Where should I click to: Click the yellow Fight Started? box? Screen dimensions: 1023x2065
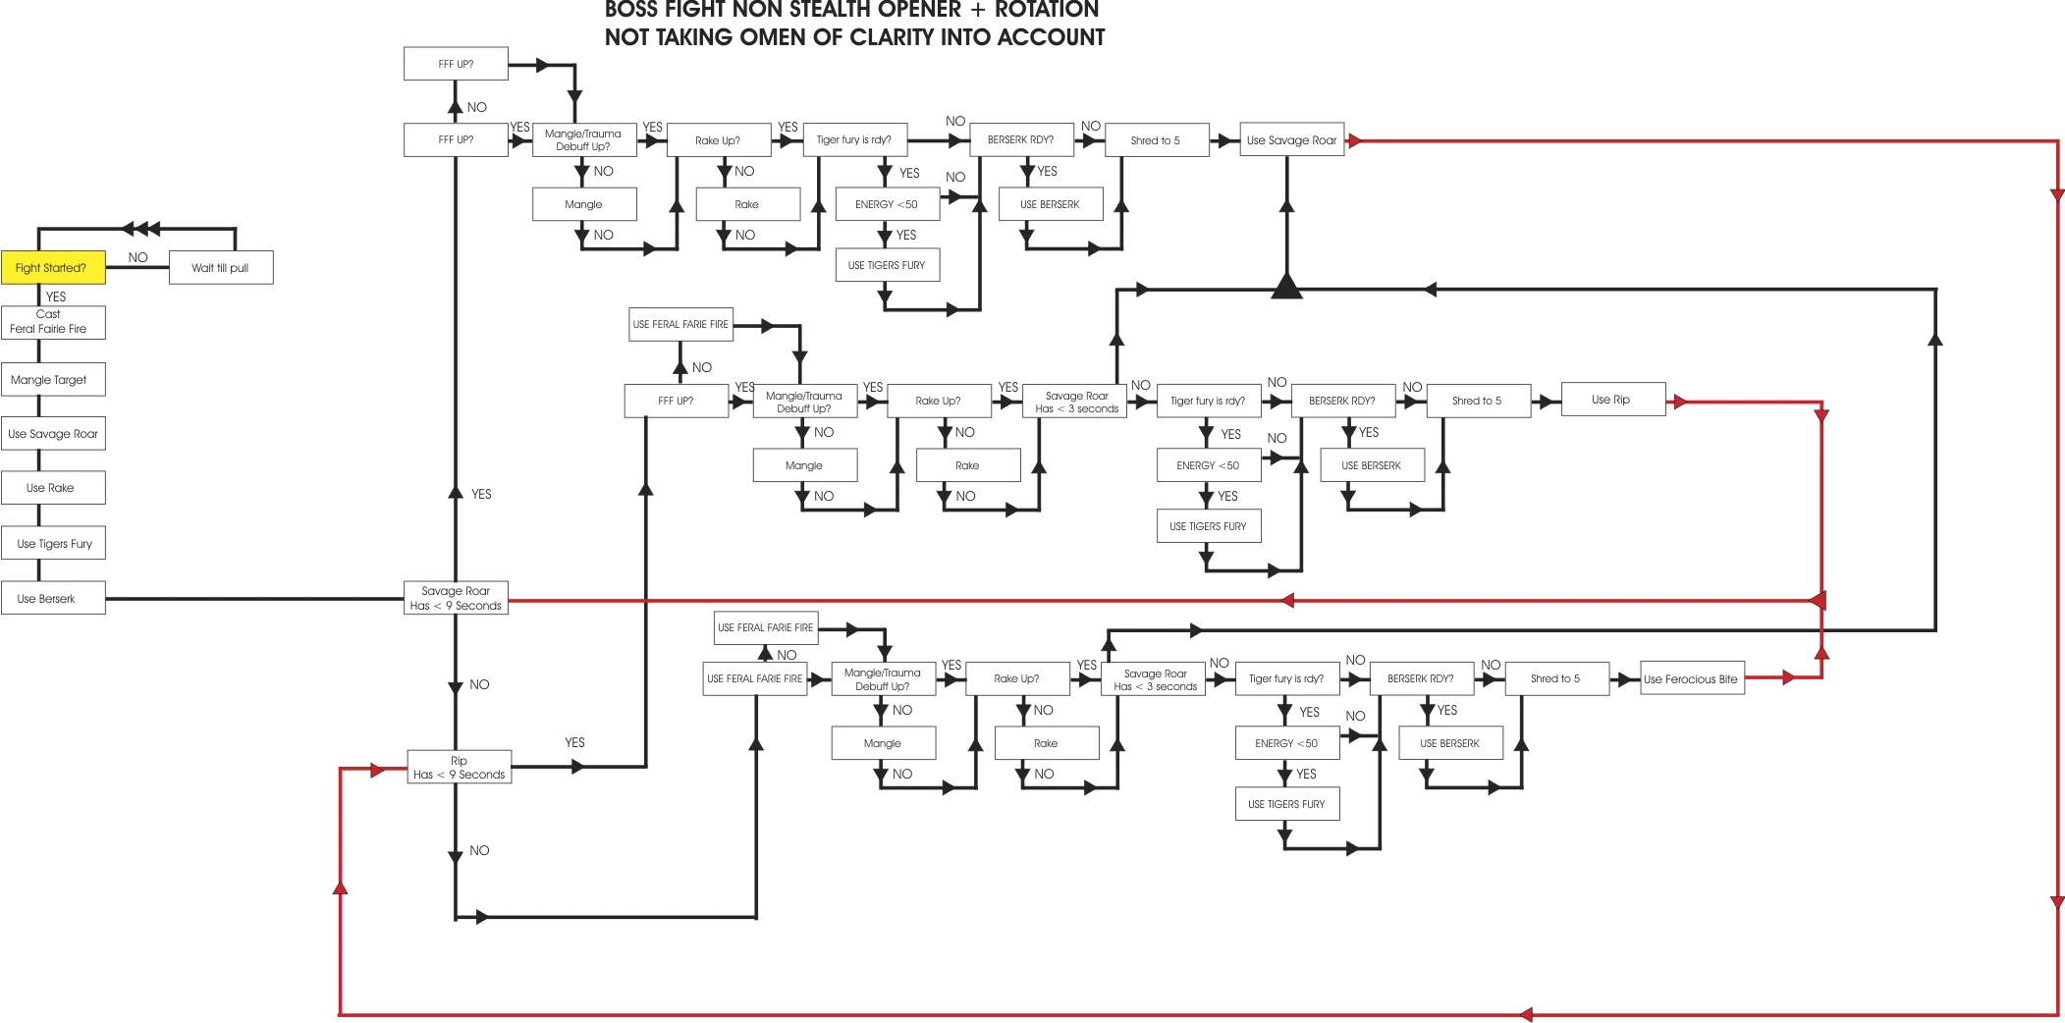(53, 267)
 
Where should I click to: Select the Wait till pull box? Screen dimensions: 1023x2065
(220, 267)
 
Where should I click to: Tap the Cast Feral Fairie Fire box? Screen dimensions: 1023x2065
(53, 322)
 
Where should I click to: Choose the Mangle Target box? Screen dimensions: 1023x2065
(53, 380)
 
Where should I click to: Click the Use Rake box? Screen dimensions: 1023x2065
(53, 488)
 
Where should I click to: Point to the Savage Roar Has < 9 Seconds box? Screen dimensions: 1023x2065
(456, 598)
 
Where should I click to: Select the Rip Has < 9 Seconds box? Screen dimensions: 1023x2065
(459, 768)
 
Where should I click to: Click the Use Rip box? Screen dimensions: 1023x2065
(1612, 400)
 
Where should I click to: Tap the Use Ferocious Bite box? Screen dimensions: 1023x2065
(1692, 678)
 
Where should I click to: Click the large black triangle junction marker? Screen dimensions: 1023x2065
(1286, 287)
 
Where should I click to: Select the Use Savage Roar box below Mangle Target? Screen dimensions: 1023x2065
(53, 434)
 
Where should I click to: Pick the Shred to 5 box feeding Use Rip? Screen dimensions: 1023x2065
(1478, 401)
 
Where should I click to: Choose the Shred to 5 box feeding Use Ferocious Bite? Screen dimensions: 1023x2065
(1556, 678)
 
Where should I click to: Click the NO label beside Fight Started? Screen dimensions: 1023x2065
(137, 257)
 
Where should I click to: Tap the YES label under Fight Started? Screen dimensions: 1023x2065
(56, 296)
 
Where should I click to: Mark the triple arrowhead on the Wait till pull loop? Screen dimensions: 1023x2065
(141, 229)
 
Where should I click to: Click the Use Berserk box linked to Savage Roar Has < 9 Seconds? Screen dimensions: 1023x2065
(53, 598)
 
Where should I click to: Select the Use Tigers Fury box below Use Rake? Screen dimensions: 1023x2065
(53, 543)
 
